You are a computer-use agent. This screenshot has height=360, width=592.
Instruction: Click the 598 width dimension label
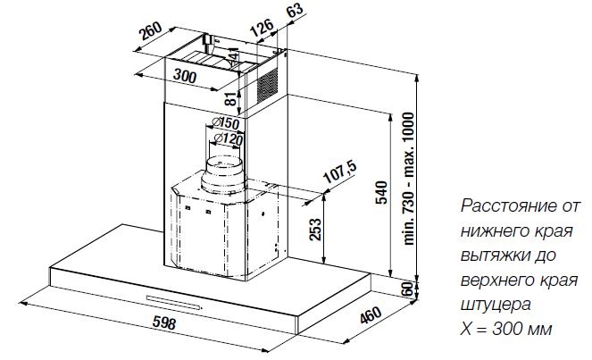[x=164, y=323]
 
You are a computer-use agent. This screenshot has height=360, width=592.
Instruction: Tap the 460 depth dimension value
[x=371, y=314]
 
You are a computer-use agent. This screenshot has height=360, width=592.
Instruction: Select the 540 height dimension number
[x=381, y=193]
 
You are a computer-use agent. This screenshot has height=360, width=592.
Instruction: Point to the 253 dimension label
[x=315, y=229]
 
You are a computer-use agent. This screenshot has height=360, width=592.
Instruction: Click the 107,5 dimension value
[x=340, y=172]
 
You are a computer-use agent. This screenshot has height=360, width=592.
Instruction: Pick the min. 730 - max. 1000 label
[x=409, y=179]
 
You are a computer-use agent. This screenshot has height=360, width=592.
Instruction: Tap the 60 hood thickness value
[x=407, y=289]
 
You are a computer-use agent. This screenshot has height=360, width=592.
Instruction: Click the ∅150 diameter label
[x=225, y=123]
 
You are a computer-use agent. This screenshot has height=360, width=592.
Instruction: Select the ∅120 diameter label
[x=228, y=139]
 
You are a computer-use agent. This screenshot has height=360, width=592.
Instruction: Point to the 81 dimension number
[x=231, y=99]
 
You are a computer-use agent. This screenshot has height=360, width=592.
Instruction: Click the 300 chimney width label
[x=185, y=76]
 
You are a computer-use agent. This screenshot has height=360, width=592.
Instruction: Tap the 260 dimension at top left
[x=151, y=31]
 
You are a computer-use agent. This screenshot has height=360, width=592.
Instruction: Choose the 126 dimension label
[x=262, y=27]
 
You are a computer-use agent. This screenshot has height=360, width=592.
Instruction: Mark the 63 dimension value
[x=295, y=9]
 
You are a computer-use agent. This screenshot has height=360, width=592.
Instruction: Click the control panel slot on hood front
[x=174, y=302]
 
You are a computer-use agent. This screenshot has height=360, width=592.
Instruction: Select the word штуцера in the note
[x=496, y=305]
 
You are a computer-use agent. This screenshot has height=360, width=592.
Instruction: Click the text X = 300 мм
[x=506, y=330]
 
